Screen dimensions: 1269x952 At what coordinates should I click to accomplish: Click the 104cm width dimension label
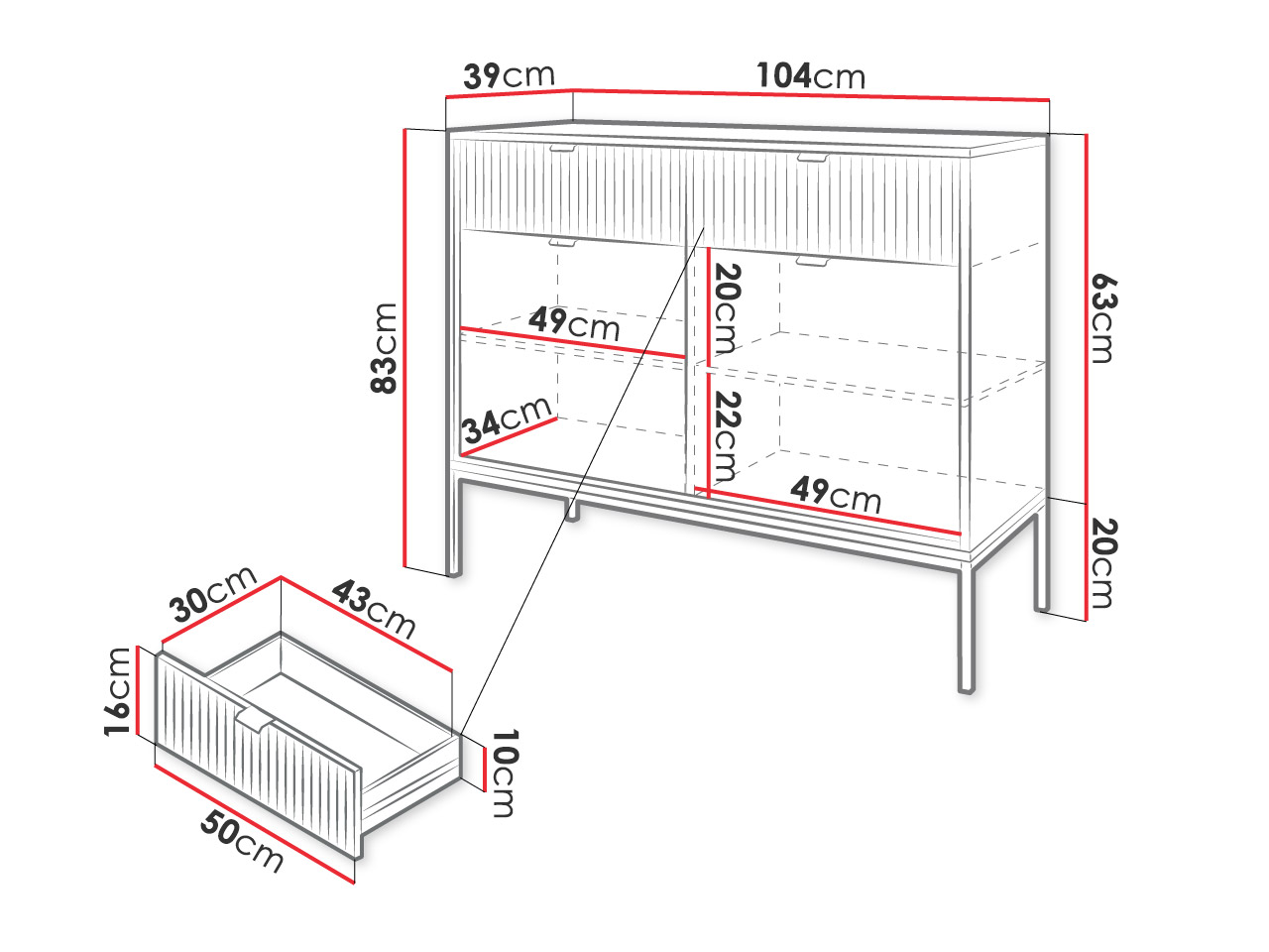[810, 75]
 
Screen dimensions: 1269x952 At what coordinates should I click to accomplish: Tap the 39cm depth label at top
[509, 75]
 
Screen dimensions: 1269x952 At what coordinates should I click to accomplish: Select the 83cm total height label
[384, 348]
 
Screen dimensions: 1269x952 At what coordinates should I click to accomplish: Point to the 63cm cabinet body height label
[1103, 318]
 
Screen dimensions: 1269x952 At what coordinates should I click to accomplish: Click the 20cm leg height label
[1103, 563]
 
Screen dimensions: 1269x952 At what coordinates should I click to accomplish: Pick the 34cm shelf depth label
[507, 419]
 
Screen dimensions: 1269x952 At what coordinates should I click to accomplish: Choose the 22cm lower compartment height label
[728, 437]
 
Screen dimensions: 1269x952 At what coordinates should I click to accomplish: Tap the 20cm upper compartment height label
[728, 308]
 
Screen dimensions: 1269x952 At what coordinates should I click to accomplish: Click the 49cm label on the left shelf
[574, 323]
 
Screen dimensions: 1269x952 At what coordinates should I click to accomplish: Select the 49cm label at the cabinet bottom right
[836, 495]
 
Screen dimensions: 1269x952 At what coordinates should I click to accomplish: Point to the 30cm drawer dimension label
[213, 594]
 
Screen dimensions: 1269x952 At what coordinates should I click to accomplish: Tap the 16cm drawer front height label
[117, 692]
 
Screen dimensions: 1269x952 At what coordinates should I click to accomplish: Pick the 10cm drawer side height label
[505, 773]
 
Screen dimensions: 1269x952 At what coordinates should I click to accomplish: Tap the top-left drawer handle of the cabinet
[562, 149]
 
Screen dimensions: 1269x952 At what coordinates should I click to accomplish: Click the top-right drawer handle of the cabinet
[812, 158]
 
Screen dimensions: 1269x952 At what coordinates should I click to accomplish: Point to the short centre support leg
[572, 509]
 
